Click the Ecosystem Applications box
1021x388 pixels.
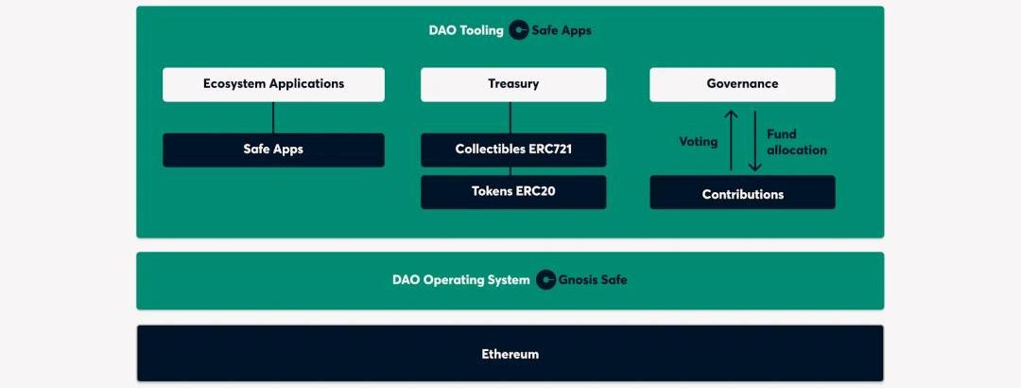coord(273,84)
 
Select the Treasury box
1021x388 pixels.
coord(513,84)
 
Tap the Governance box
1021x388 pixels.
coord(742,84)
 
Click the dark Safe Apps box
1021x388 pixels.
coord(273,150)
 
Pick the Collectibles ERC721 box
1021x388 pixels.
coord(513,150)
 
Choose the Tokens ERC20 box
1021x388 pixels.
coord(513,192)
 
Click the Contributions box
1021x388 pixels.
coord(742,192)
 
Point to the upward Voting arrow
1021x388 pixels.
coord(731,140)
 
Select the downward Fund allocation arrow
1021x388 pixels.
coord(754,140)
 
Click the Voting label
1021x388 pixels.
coord(698,142)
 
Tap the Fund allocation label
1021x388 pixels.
coord(796,142)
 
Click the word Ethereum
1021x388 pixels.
coord(510,354)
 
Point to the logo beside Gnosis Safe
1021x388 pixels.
coord(545,280)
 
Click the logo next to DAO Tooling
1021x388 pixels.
coord(518,30)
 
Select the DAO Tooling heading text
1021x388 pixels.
coord(465,30)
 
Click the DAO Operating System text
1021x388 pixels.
coord(461,280)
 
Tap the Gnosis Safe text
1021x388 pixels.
coord(593,280)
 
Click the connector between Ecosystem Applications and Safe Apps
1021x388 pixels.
coord(273,117)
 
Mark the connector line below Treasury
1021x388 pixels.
coord(510,117)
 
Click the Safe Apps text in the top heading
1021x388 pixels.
coord(562,30)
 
